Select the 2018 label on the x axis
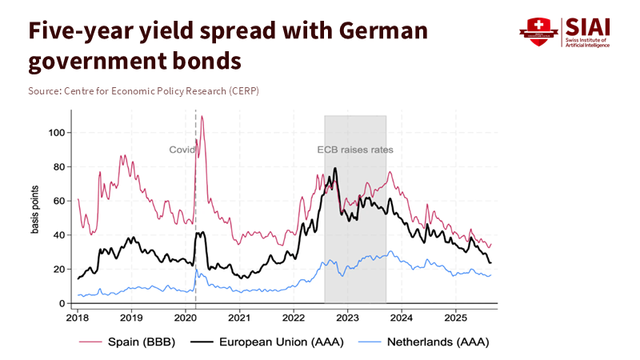(78, 317)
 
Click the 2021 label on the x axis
(239, 317)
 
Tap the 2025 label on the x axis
(455, 317)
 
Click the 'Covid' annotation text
(182, 150)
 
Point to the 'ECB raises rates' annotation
(355, 150)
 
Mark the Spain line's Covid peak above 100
(202, 117)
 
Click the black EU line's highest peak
(335, 168)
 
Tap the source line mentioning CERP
(143, 90)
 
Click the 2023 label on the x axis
(347, 317)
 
